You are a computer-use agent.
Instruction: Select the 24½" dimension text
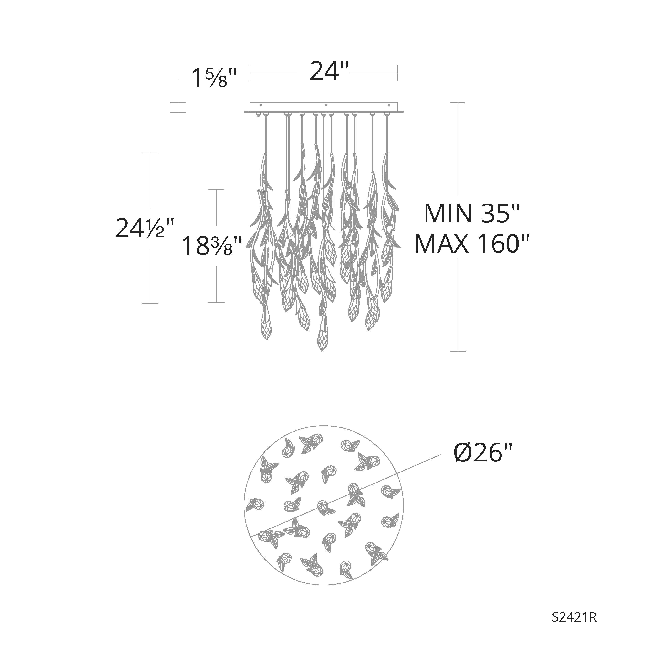pyautogui.click(x=145, y=228)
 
